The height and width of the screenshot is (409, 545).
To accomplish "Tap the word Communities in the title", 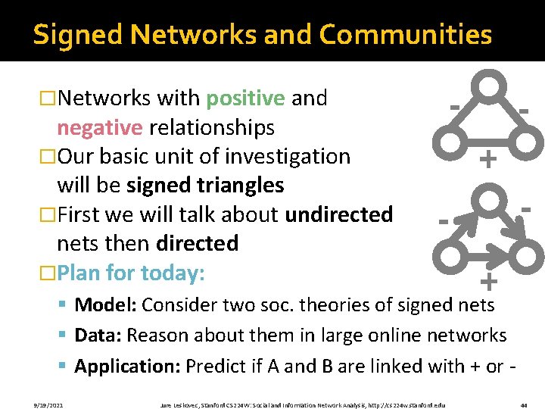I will click(406, 34).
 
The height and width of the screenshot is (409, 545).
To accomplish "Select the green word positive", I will click(245, 98).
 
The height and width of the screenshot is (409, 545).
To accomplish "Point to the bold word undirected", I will click(338, 214).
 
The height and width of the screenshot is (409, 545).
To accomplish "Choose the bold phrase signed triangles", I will click(205, 186).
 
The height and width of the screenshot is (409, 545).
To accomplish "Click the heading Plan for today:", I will click(131, 273).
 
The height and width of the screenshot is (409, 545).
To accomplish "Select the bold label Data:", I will click(98, 336).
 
